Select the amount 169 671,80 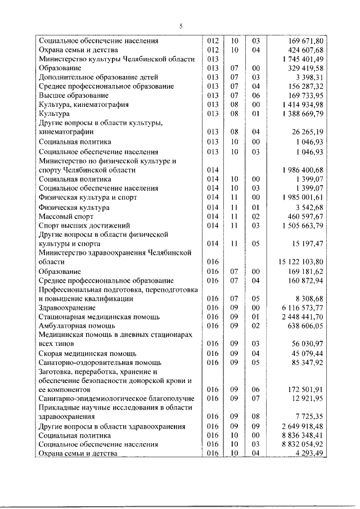[304, 41]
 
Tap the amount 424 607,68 [304, 50]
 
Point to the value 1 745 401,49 [301, 59]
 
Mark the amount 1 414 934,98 [301, 105]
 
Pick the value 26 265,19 [307, 132]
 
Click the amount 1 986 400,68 [301, 170]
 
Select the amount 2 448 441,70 [301, 317]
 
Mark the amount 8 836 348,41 [301, 435]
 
